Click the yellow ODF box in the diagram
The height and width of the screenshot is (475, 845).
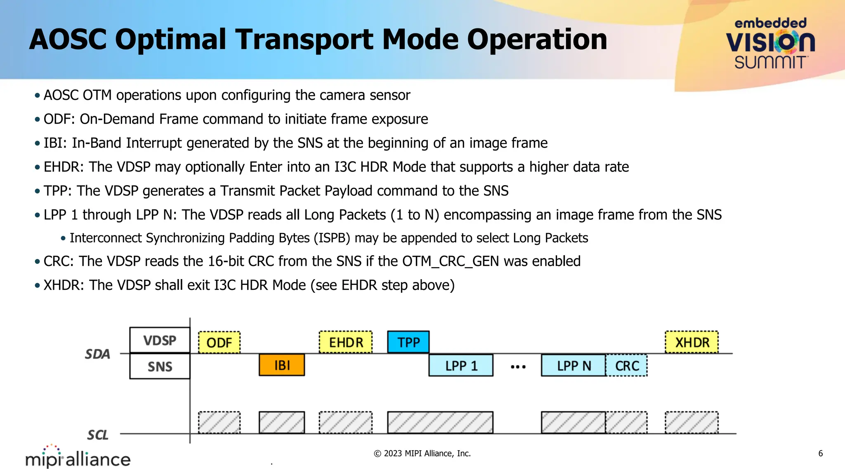point(219,342)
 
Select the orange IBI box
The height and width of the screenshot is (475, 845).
point(282,365)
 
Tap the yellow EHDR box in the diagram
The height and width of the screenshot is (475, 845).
point(346,342)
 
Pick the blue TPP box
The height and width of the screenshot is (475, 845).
point(408,342)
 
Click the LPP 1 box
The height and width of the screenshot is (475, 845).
point(461,365)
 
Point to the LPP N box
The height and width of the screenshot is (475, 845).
point(574,365)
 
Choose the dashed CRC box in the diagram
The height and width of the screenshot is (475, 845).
point(627,365)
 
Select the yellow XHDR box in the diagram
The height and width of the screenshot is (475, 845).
point(692,342)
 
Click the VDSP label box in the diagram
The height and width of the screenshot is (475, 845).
point(160,341)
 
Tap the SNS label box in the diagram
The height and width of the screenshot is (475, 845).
point(160,367)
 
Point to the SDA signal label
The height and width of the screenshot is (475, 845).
point(98,354)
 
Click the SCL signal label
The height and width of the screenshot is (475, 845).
point(98,435)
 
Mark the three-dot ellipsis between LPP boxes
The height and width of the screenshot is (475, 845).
point(518,367)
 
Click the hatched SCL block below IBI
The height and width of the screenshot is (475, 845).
point(282,422)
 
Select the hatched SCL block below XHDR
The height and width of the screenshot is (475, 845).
point(692,422)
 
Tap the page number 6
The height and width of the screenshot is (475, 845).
point(820,454)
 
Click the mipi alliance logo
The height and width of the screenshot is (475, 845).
point(78,457)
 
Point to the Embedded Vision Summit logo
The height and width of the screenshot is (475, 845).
point(770,44)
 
